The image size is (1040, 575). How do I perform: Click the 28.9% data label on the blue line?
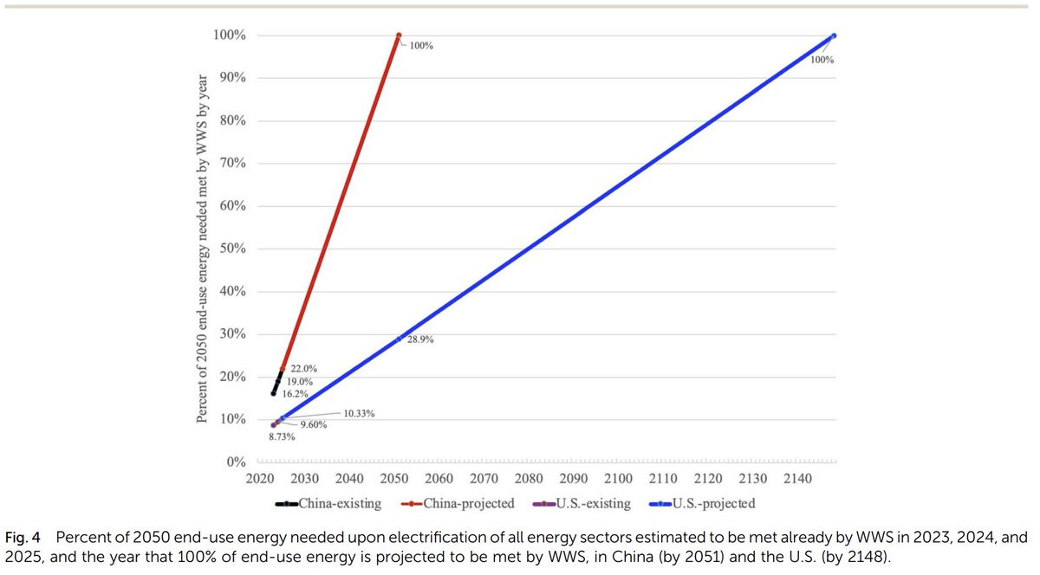click(x=420, y=339)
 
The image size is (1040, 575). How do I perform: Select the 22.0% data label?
click(x=303, y=369)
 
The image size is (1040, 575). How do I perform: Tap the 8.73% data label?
click(x=282, y=436)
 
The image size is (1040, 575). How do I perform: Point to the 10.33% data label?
click(x=359, y=414)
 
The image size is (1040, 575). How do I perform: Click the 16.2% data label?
click(x=296, y=394)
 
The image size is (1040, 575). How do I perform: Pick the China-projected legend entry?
click(x=458, y=503)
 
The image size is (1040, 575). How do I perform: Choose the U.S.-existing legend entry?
click(x=582, y=503)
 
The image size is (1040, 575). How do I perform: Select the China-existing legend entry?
click(x=328, y=503)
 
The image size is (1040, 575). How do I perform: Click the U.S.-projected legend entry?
click(x=703, y=503)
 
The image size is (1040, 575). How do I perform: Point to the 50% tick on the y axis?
click(x=232, y=249)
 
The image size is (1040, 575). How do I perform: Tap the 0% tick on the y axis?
click(x=236, y=462)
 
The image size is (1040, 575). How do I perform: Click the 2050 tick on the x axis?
click(x=394, y=479)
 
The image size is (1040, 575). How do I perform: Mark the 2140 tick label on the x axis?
click(x=797, y=479)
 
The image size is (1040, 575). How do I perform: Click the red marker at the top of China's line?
click(x=399, y=36)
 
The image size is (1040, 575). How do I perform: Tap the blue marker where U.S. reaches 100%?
click(x=834, y=36)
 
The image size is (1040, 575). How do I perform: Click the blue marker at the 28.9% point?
click(x=399, y=339)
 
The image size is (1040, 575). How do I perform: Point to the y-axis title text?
click(x=202, y=249)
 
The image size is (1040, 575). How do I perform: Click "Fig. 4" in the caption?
click(x=23, y=538)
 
